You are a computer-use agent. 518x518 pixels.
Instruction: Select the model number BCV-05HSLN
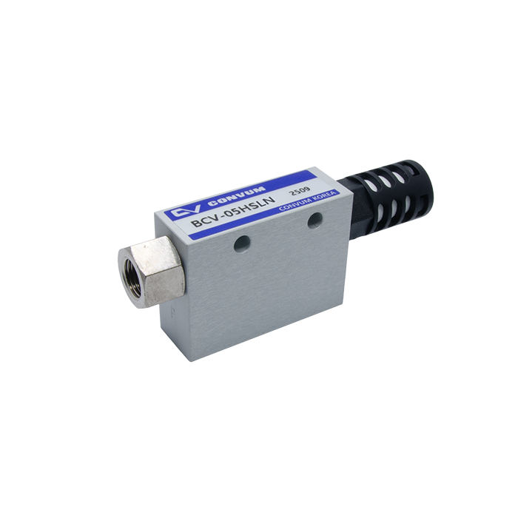coord(233,212)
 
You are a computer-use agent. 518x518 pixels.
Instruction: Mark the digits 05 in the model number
coord(233,212)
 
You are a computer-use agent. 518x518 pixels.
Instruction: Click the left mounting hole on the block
coord(241,243)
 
